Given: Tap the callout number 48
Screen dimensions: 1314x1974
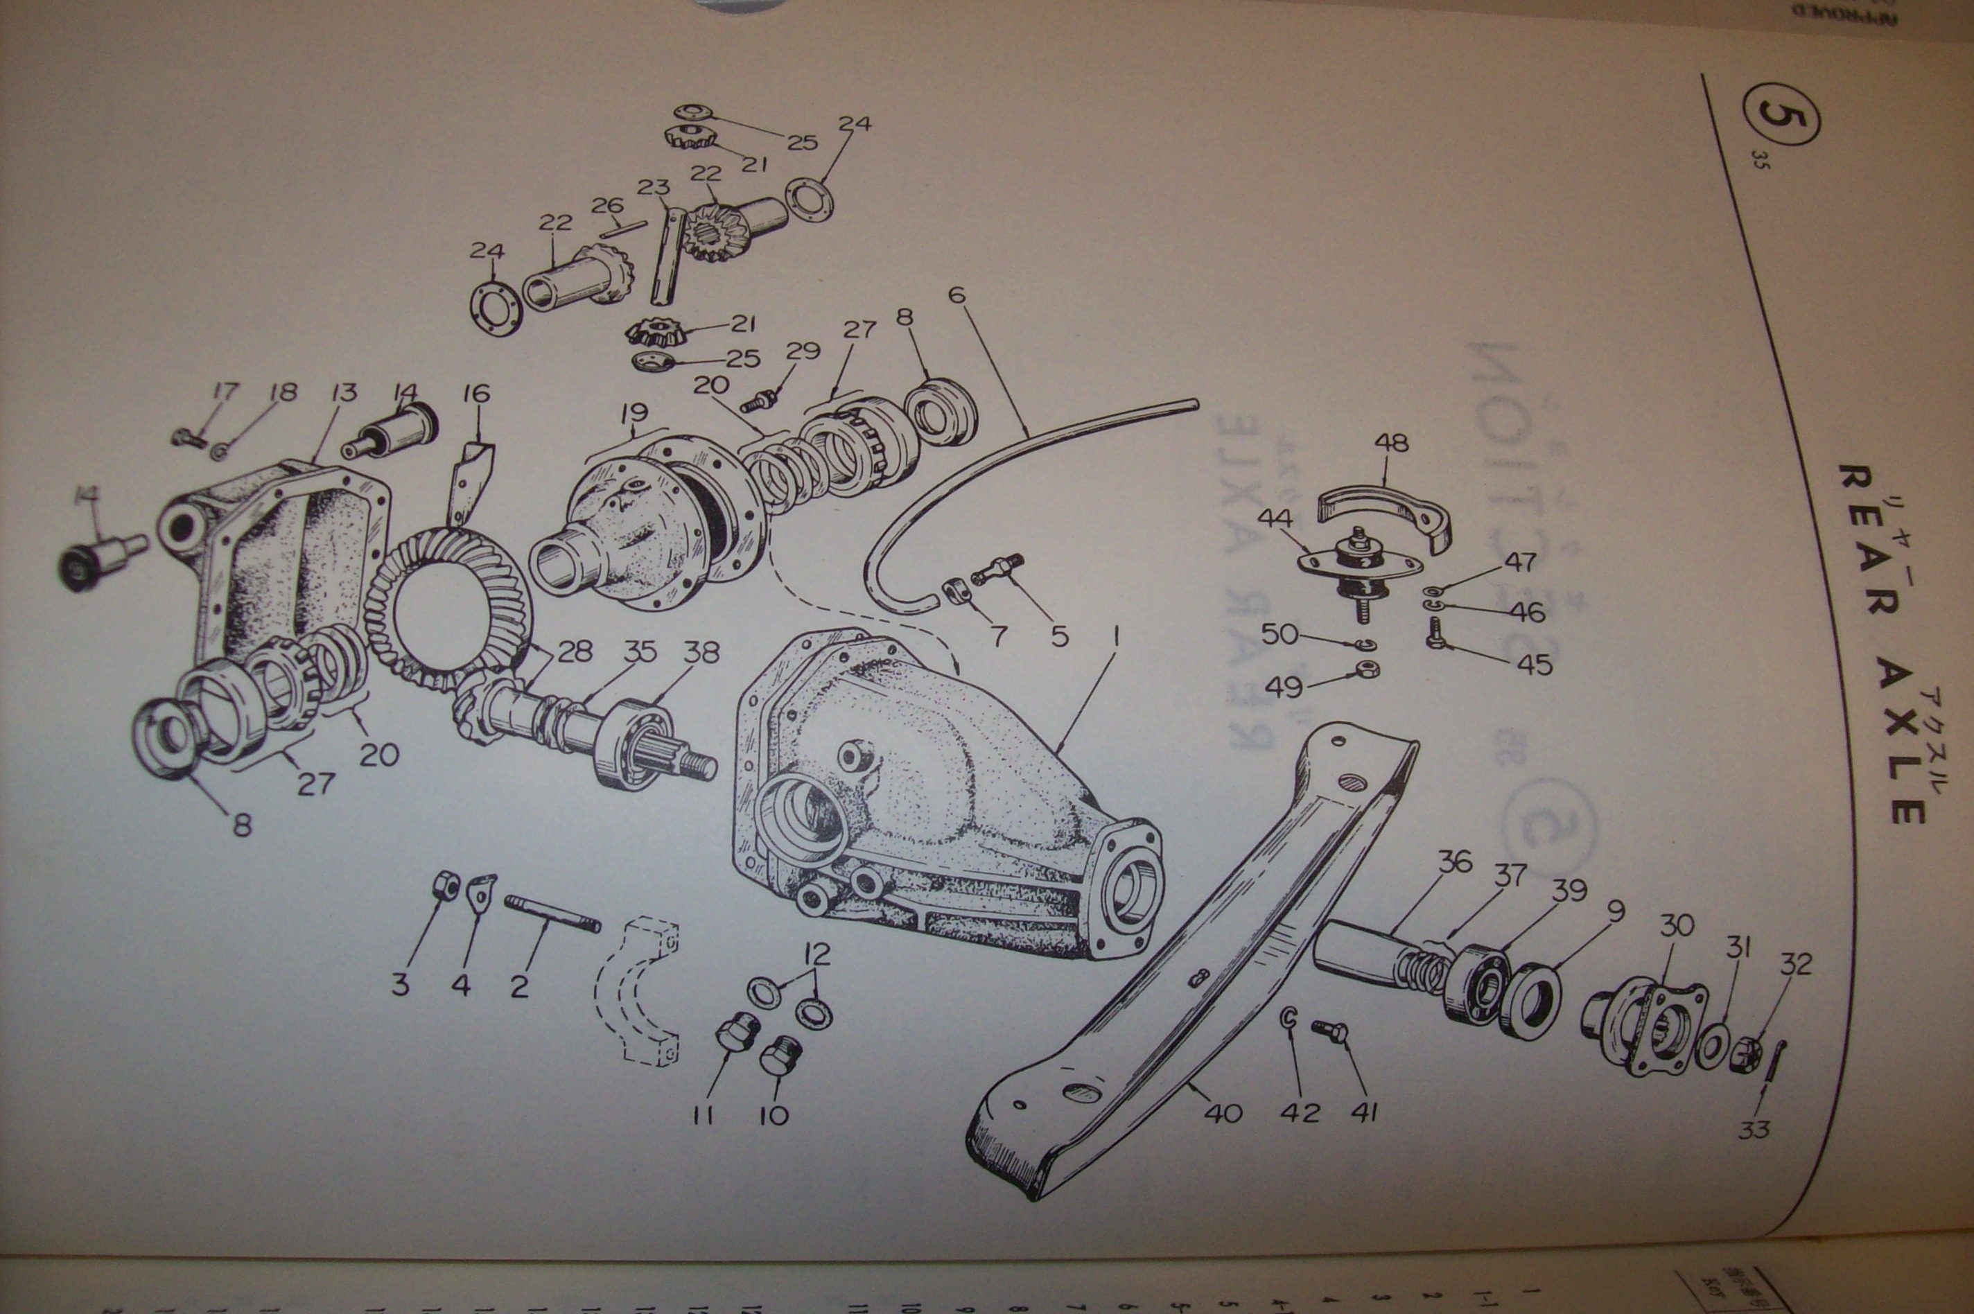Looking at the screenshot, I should pos(1392,444).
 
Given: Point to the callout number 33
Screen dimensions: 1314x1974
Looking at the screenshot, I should pos(1754,1129).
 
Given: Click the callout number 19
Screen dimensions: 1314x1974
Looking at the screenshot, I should pos(635,413).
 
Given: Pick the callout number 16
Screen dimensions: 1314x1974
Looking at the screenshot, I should pos(476,393).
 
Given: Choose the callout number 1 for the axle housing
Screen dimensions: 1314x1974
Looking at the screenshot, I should pos(1115,638).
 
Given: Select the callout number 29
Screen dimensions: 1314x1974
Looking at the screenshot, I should pos(803,350).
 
